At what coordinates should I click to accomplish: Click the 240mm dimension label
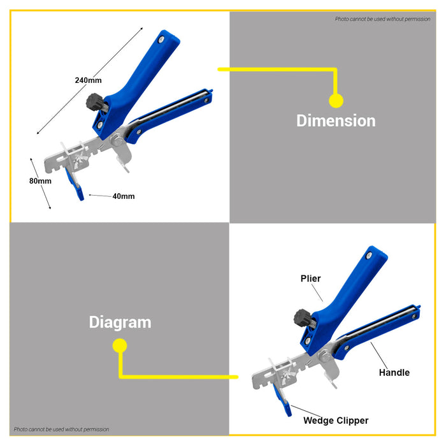(x=88, y=80)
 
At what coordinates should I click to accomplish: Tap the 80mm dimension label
(x=40, y=181)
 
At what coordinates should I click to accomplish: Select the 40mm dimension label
(x=124, y=196)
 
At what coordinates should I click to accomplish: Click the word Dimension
(x=336, y=120)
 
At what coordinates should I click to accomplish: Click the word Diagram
(x=120, y=322)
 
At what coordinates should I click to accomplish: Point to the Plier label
(x=311, y=278)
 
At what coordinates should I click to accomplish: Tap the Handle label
(x=394, y=372)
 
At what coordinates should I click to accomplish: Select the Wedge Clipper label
(x=336, y=421)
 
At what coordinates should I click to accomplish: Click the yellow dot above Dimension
(x=336, y=101)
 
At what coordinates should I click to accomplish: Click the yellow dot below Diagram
(x=120, y=345)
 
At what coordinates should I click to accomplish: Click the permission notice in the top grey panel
(x=382, y=19)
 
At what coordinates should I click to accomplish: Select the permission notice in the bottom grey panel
(x=61, y=429)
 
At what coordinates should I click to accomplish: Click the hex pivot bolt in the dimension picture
(x=117, y=141)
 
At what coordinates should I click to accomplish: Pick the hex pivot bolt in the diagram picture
(x=325, y=356)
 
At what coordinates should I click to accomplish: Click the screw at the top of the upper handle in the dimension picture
(x=161, y=40)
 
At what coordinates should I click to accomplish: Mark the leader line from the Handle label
(x=379, y=356)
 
